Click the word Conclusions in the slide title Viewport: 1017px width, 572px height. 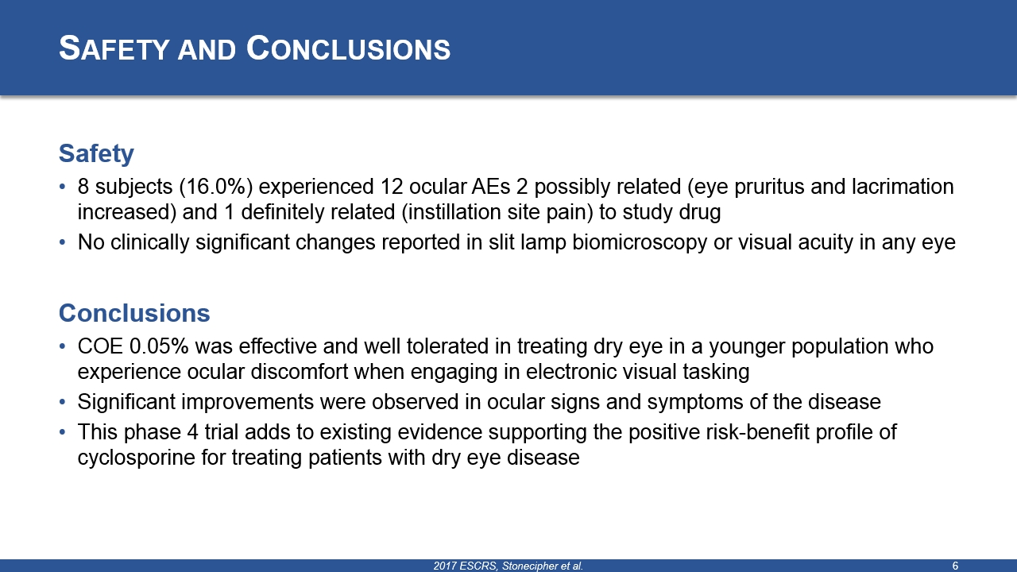348,48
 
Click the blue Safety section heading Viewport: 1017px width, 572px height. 96,154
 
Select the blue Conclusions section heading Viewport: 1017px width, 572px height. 134,313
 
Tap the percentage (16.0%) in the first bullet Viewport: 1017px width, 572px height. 215,187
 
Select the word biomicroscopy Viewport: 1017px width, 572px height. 640,243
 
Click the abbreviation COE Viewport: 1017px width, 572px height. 100,346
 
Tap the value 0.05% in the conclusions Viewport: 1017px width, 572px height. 159,346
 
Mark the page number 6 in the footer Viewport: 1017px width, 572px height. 955,566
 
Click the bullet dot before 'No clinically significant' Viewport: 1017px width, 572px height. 63,243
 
